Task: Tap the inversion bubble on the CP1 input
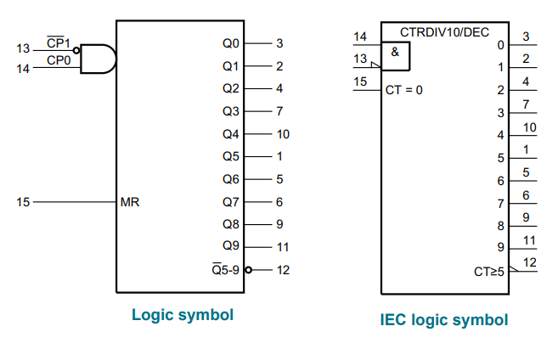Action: [76, 50]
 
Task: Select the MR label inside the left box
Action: [130, 202]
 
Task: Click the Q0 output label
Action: [231, 43]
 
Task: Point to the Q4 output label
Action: [231, 134]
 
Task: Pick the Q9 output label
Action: [231, 245]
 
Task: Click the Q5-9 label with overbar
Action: [226, 270]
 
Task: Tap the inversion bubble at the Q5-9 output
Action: [248, 270]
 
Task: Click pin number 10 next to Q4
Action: [283, 134]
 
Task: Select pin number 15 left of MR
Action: [23, 202]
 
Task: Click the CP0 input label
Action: [59, 60]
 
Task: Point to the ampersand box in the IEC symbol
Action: [396, 56]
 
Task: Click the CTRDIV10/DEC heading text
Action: [444, 32]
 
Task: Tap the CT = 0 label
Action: [404, 90]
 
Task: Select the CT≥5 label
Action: [489, 272]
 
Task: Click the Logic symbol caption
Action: [183, 315]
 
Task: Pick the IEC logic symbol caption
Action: [444, 319]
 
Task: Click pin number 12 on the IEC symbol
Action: [529, 262]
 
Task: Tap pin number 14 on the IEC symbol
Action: [360, 37]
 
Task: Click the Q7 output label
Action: [231, 202]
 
